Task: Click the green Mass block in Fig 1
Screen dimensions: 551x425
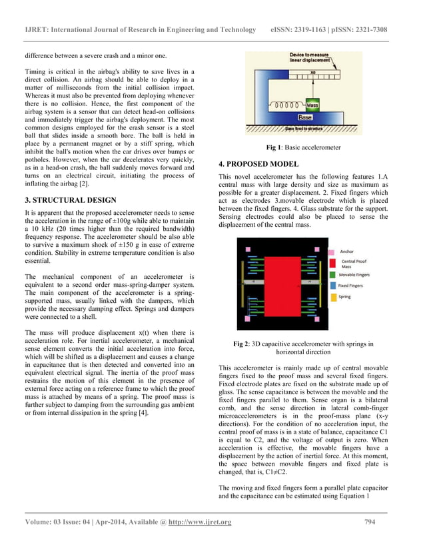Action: coord(312,105)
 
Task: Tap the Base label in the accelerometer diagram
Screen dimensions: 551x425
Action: coord(312,117)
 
